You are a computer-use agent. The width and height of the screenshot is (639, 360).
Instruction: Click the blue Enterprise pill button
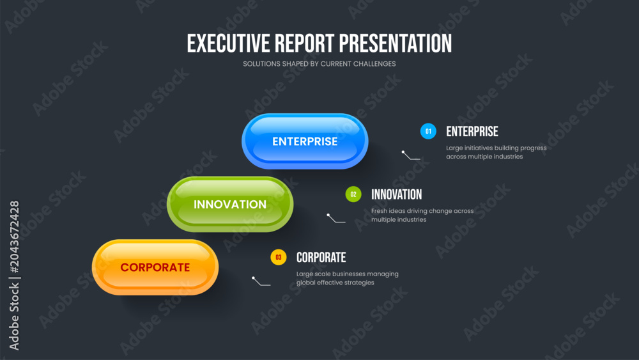pyautogui.click(x=305, y=141)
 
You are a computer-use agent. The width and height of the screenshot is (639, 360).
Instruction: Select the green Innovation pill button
pyautogui.click(x=230, y=204)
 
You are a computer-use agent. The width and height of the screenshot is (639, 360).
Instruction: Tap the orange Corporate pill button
pyautogui.click(x=155, y=267)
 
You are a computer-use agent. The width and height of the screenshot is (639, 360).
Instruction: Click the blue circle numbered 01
pyautogui.click(x=428, y=131)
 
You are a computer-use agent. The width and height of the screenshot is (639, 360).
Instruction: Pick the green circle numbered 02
pyautogui.click(x=353, y=194)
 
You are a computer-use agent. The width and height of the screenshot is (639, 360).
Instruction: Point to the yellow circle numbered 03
pyautogui.click(x=279, y=257)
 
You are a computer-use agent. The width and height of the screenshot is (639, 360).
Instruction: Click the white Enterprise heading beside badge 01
pyautogui.click(x=472, y=132)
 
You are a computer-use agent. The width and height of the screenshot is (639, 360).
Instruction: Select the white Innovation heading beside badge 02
pyautogui.click(x=397, y=194)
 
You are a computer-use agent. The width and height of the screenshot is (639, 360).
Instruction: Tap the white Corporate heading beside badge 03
pyautogui.click(x=321, y=258)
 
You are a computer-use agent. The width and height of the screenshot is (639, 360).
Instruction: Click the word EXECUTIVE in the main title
pyautogui.click(x=228, y=43)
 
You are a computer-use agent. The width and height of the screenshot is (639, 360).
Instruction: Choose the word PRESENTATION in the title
pyautogui.click(x=396, y=43)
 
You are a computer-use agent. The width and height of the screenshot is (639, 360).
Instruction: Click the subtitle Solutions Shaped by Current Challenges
pyautogui.click(x=319, y=64)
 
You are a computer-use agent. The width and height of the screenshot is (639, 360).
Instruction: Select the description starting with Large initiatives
pyautogui.click(x=497, y=152)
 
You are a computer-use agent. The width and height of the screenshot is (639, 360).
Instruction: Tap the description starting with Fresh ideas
pyautogui.click(x=422, y=215)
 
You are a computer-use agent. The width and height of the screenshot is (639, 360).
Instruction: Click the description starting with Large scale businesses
pyautogui.click(x=347, y=278)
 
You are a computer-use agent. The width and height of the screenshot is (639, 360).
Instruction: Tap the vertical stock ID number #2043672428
pyautogui.click(x=14, y=237)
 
